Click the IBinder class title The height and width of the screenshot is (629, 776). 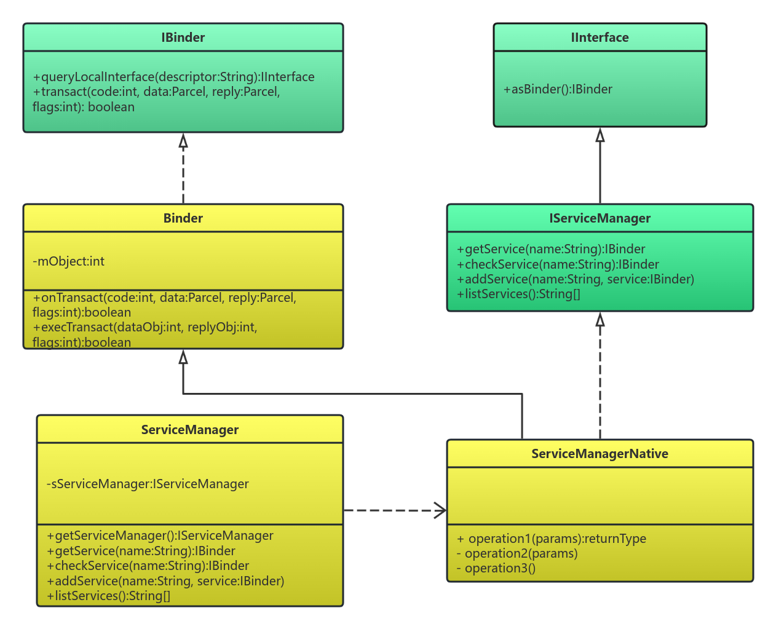pos(183,38)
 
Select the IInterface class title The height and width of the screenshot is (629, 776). pos(600,38)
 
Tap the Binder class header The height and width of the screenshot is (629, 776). pos(183,218)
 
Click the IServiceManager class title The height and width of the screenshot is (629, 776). pos(600,218)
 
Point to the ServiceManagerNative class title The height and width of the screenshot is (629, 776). pos(600,454)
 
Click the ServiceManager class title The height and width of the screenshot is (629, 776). pos(189,430)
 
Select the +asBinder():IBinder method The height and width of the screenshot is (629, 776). pos(558,89)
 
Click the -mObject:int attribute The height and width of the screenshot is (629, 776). pos(68,261)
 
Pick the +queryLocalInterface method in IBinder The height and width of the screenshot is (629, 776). pos(173,77)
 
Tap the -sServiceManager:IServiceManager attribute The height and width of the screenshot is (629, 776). pos(148,484)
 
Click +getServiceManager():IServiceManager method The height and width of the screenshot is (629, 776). pos(160,536)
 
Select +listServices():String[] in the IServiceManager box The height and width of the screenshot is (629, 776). pos(518,294)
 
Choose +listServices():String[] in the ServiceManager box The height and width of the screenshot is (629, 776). pos(108,596)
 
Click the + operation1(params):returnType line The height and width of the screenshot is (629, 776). pos(552,539)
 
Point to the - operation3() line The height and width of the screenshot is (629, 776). pos(496,568)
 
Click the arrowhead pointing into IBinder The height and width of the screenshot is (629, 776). pos(183,140)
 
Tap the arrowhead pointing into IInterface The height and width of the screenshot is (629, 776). pos(600,135)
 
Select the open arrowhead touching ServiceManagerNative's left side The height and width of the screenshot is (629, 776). pos(440,510)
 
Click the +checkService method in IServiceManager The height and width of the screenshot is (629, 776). pos(558,264)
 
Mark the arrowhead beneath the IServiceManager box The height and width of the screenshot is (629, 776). pos(600,319)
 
